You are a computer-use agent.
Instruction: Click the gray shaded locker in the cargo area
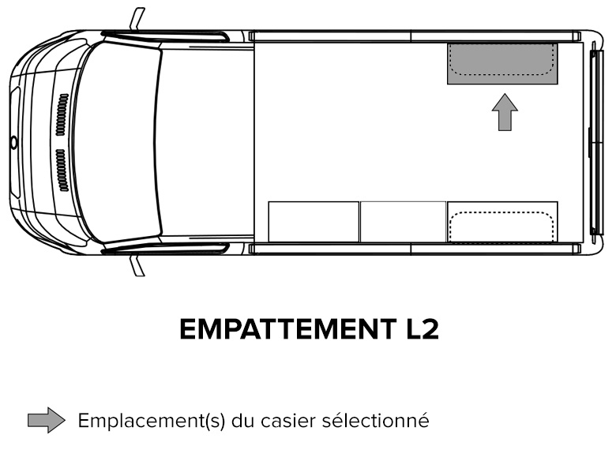pos(502,64)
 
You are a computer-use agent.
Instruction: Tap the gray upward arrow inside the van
pos(505,112)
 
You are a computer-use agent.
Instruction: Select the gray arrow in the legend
pos(47,420)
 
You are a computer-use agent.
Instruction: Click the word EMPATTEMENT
pos(288,329)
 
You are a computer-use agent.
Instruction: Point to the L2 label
pos(422,329)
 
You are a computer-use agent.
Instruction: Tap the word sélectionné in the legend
pos(375,421)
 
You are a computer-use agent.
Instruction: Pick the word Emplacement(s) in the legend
pos(152,421)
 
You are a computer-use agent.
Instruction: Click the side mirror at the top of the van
pos(137,19)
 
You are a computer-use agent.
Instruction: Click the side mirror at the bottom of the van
pos(137,265)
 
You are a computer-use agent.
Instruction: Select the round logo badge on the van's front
pos(14,143)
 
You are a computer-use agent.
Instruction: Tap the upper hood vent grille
pos(62,114)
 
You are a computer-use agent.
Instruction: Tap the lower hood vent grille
pos(62,170)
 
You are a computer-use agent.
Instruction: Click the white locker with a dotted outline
pos(502,222)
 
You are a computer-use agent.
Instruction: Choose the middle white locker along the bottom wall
pos(403,222)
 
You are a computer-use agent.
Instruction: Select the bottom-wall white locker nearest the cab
pos(314,222)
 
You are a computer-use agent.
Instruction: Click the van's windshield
pos(117,142)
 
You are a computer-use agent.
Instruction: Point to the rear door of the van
pos(597,143)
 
